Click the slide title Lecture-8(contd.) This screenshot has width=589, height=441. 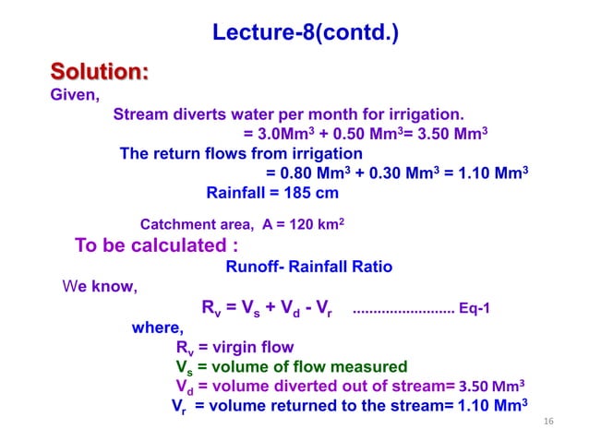click(x=306, y=35)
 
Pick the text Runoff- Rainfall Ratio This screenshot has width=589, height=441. click(x=308, y=267)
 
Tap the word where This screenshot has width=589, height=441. click(x=158, y=328)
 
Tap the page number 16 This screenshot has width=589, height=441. click(x=548, y=422)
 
